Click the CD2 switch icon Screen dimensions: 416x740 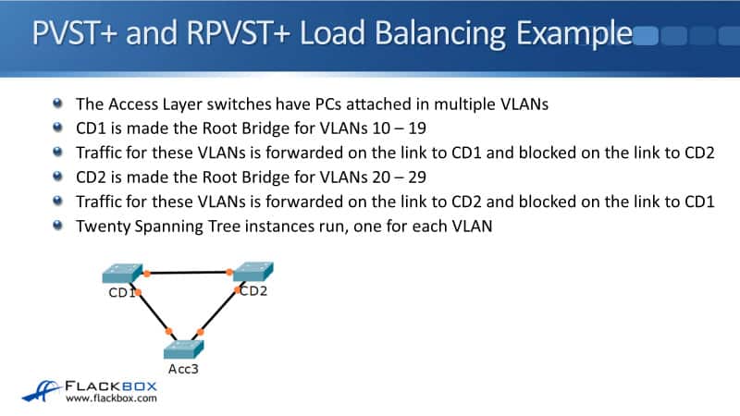click(253, 272)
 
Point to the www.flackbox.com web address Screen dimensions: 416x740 click(111, 399)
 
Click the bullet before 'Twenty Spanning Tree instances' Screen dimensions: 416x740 click(59, 225)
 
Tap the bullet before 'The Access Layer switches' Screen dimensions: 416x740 click(59, 104)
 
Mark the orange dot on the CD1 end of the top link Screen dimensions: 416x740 click(146, 275)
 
